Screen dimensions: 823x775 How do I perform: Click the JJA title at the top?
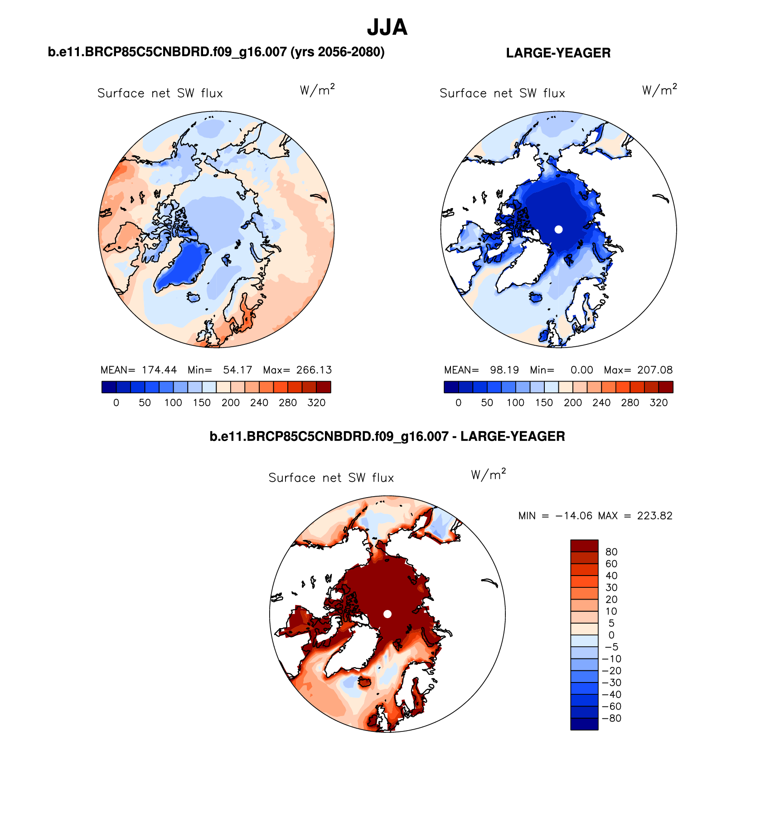click(387, 28)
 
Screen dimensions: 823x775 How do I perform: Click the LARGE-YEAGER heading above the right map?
click(558, 53)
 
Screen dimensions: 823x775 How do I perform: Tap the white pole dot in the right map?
click(558, 229)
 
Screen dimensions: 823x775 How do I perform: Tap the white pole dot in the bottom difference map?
click(387, 614)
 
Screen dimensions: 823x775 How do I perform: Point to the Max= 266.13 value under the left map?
click(297, 370)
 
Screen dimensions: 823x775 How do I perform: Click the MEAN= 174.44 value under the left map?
click(139, 370)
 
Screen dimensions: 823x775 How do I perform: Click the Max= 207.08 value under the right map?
click(638, 370)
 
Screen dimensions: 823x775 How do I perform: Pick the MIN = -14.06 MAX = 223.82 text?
click(595, 516)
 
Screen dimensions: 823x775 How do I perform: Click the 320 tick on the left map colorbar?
click(316, 403)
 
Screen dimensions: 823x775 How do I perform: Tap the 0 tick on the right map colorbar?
click(458, 403)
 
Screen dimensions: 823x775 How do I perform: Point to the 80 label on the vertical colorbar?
click(611, 552)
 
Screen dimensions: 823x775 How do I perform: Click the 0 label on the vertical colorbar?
click(611, 635)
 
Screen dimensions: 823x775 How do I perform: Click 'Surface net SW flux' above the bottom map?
click(331, 478)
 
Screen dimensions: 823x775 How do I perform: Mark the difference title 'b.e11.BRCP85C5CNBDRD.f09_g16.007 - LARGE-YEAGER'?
click(387, 436)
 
